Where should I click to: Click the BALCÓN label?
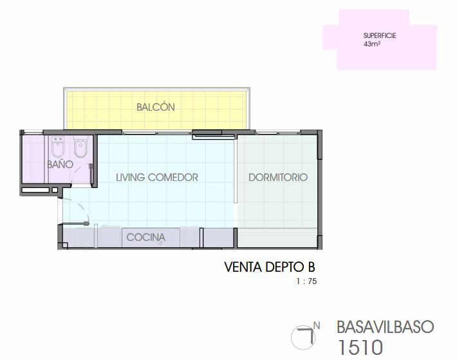click(156, 107)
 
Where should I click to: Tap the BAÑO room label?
click(60, 164)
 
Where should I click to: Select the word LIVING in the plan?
click(130, 177)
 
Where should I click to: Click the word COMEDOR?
click(173, 177)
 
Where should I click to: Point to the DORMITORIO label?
click(278, 177)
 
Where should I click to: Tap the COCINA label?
click(145, 237)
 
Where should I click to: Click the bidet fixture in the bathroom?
click(57, 147)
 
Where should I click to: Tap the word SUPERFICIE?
click(380, 35)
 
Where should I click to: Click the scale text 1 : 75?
click(306, 281)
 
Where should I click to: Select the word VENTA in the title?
click(243, 267)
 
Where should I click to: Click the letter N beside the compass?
click(317, 326)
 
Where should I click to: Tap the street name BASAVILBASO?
click(386, 327)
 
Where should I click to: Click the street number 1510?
click(360, 347)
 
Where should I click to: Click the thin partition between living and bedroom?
click(235, 170)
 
